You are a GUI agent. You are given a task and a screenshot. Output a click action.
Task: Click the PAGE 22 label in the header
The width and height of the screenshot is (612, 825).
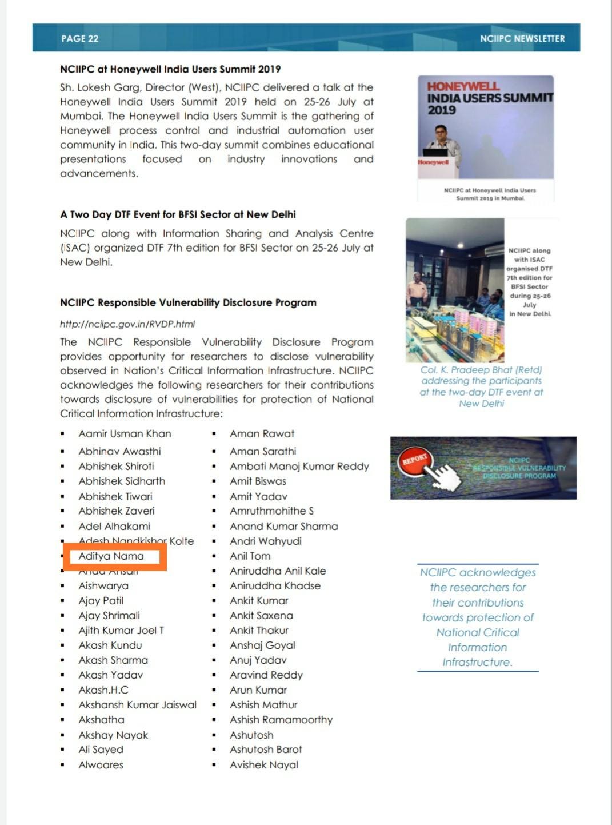pos(80,38)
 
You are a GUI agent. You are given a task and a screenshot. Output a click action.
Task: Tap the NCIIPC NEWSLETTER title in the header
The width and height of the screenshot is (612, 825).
pos(522,38)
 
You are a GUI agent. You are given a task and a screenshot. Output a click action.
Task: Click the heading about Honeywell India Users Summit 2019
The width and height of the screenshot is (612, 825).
pos(170,69)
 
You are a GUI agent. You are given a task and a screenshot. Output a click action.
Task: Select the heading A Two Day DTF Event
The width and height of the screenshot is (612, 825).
pos(178,214)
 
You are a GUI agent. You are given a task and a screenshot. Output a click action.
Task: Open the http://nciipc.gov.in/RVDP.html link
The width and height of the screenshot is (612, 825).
pos(127,324)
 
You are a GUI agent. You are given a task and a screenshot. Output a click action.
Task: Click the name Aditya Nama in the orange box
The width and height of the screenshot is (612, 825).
pos(111,556)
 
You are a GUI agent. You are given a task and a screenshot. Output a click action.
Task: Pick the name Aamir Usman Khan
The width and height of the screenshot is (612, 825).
pos(125,433)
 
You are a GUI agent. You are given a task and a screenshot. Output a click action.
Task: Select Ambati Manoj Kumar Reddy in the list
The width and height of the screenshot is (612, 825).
pos(299,466)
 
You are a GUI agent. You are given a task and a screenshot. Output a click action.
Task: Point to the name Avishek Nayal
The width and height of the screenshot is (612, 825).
pos(264,764)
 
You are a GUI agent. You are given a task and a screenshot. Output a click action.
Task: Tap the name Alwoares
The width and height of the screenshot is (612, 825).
pos(101,764)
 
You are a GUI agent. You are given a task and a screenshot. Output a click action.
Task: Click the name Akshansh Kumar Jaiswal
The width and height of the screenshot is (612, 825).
pos(137,704)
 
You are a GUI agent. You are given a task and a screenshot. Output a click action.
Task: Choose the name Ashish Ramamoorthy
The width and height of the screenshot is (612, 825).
pos(281,719)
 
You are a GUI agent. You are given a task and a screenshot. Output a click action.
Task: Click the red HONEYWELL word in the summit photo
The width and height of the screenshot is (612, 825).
pos(463,86)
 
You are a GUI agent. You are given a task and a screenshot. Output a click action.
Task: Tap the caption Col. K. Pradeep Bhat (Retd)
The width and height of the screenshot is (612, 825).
pos(481,370)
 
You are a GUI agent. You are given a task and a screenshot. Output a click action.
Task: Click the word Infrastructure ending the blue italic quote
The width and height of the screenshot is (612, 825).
pos(477,662)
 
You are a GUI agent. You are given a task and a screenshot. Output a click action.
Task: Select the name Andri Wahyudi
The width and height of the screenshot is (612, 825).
pos(266,541)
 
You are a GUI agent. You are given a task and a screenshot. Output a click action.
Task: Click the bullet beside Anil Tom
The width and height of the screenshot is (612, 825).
pos(214,556)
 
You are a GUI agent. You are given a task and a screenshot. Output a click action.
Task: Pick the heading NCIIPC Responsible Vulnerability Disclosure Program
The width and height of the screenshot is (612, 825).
pos(188,302)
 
